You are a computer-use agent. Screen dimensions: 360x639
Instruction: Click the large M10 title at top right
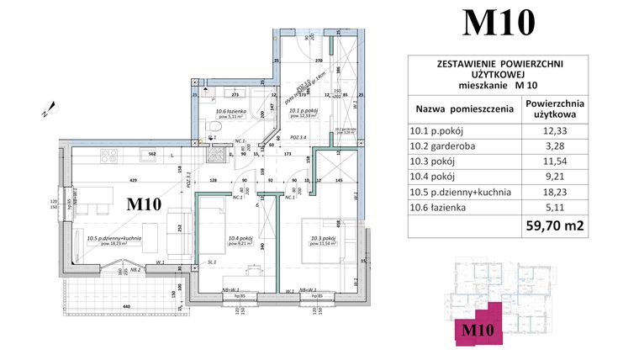click(x=499, y=23)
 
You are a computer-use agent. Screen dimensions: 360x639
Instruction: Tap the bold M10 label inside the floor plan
click(x=144, y=204)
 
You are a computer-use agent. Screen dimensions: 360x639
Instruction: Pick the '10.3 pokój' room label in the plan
click(x=323, y=238)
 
